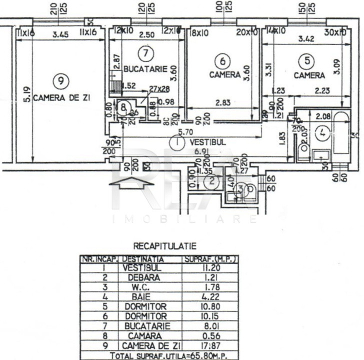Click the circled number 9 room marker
coord(60,80)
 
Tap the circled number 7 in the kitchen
coord(145,52)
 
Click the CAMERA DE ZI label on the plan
coord(62,98)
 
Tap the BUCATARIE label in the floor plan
coord(145,69)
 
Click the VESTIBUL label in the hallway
coord(208,142)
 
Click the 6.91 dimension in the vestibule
coord(201,150)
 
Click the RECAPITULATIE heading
coord(164,246)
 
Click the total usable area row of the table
coord(159,354)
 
